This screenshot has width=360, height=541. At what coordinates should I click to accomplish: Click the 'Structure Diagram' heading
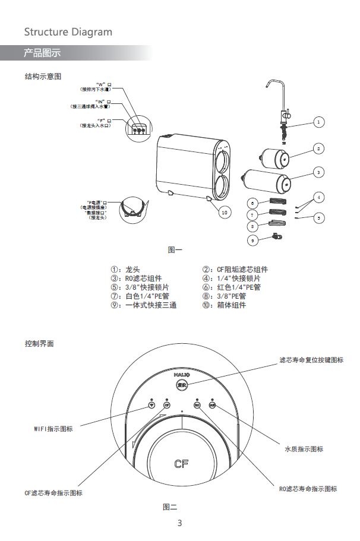coord(68,32)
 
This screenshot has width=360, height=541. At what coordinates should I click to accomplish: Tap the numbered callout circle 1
coord(319,122)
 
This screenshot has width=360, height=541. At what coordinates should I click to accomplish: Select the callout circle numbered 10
coord(224,212)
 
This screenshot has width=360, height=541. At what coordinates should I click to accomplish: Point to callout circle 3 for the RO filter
coord(319,172)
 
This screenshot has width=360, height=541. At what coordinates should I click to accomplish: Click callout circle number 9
coord(252,240)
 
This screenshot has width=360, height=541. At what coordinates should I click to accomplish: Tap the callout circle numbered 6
coord(252,203)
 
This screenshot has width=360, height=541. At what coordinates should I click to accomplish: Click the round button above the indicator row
coord(182,384)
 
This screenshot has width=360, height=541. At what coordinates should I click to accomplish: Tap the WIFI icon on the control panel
coord(151,406)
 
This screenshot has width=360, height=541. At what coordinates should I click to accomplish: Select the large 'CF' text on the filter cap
coord(182,463)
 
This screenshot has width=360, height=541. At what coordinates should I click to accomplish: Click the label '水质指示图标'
coord(304,449)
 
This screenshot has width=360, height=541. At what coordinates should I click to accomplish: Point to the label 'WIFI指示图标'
coord(53,429)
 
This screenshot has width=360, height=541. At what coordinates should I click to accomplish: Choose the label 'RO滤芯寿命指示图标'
coord(308,489)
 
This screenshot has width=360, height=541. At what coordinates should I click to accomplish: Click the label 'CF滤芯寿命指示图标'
coord(53,493)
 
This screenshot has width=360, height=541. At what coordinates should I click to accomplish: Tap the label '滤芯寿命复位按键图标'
coord(311,360)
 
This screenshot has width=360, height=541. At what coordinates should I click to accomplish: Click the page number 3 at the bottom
coord(179,523)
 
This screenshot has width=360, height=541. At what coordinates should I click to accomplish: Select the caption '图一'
coord(175,250)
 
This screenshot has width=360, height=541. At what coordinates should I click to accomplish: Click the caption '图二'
coord(170,507)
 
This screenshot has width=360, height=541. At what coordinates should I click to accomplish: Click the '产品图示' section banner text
coord(42,53)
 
